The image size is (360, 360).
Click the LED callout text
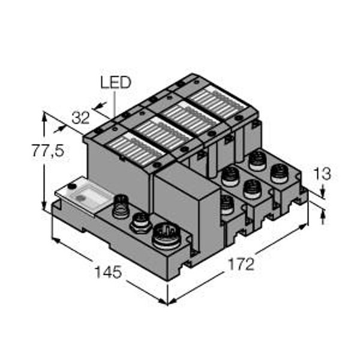[x=115, y=83]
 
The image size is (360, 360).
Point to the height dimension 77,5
[x=47, y=151]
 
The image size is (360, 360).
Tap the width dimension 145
[x=108, y=272]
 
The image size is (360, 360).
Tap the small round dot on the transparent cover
[x=72, y=187]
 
